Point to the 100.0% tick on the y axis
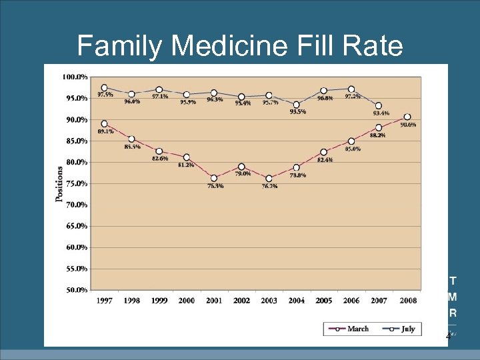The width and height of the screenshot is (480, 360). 75,77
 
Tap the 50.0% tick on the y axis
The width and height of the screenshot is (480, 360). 75,290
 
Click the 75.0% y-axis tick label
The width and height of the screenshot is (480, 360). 75,183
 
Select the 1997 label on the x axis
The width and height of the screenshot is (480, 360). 104,301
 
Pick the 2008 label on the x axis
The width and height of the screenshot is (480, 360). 408,301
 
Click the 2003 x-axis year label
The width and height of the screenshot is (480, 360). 269,301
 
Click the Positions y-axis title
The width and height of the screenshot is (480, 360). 59,183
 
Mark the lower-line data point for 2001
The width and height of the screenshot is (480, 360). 214,178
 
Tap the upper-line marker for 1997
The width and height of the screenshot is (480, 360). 105,87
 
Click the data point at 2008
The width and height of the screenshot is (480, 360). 407,117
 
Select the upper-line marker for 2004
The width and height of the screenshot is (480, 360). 297,104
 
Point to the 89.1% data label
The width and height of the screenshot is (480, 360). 105,132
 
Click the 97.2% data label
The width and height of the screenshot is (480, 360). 353,97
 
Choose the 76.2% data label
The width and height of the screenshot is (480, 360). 269,187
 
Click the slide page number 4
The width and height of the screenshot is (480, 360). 448,337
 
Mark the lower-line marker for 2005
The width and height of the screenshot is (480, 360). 324,152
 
